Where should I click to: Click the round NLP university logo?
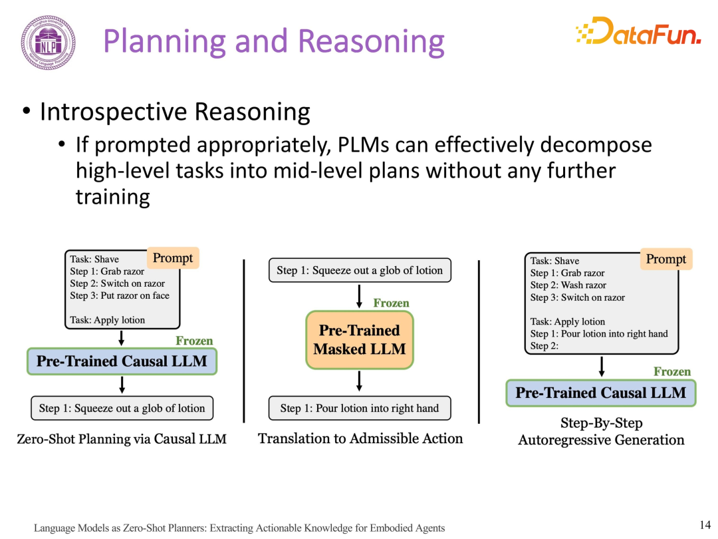pos(48,43)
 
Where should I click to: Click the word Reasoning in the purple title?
pos(372,42)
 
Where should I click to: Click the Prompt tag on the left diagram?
pos(173,258)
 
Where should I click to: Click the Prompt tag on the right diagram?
pos(666,259)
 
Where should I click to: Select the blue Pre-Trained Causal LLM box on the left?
pos(122,361)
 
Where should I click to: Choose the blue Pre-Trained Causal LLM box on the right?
pos(601,393)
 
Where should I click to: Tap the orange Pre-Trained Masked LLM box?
pos(360,339)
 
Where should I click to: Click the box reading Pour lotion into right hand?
pos(360,409)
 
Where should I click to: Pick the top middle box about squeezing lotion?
pos(360,270)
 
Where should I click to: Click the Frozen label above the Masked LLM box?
pos(391,303)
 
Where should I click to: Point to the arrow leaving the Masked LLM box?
pos(360,381)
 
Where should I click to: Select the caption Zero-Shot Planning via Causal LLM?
pos(122,439)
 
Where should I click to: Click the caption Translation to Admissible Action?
pos(360,439)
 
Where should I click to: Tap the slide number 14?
pos(705,525)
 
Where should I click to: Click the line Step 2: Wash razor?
pos(568,285)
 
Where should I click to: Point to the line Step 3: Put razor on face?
pos(120,295)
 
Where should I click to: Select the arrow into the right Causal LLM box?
pos(602,367)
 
